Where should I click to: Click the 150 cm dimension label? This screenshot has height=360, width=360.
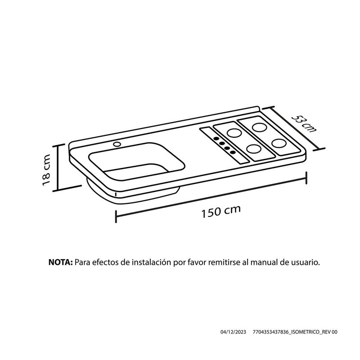tap(221, 211)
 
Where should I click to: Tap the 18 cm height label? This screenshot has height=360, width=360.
tap(47, 170)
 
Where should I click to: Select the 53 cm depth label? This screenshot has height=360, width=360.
tap(304, 124)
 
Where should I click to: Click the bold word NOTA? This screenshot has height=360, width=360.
tap(61, 262)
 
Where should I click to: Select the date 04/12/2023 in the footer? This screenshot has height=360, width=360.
tap(233, 332)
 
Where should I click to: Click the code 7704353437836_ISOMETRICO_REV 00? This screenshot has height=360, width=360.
tap(295, 332)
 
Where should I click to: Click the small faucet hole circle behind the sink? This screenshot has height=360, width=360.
tap(117, 144)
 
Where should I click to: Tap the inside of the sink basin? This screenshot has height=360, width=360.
tap(137, 162)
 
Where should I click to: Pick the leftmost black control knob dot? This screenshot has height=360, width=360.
tap(216, 139)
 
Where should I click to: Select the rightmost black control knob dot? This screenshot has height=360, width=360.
tap(233, 152)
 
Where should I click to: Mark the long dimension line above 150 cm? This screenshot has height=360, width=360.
tap(211, 197)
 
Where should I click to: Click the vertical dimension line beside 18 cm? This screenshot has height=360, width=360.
tap(58, 167)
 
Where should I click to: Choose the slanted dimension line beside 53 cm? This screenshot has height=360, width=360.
tap(294, 128)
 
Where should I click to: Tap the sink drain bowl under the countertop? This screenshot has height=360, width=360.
tap(133, 193)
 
